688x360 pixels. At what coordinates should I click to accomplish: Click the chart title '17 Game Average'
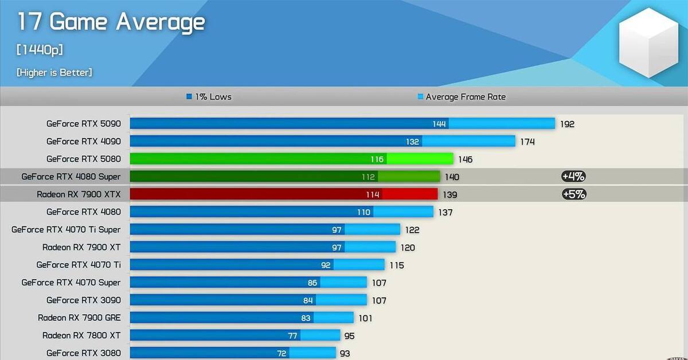point(111,22)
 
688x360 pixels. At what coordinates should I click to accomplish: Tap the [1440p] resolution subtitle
point(40,50)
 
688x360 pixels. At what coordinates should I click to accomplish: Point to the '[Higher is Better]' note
point(54,72)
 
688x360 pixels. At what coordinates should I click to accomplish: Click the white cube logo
point(648,44)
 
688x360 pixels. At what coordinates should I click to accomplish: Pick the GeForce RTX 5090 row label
point(84,123)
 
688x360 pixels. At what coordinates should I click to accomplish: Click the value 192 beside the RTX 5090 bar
point(567,124)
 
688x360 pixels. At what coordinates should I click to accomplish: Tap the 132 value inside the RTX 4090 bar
point(413,142)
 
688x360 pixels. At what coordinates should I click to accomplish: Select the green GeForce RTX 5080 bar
point(291,159)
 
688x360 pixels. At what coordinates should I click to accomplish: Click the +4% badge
point(573,177)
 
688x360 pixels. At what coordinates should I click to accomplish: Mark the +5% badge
point(573,194)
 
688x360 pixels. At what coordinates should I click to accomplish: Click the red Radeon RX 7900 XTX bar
point(284,194)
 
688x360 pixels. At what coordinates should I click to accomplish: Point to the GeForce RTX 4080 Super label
point(71,177)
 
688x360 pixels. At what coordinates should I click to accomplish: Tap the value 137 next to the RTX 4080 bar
point(445,212)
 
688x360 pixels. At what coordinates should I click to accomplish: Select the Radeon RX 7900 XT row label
point(81,247)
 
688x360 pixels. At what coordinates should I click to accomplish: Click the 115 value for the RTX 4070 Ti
point(397,265)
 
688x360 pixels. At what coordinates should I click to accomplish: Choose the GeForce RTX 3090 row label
point(84,300)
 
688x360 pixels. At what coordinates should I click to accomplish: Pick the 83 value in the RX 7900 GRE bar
point(306,318)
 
